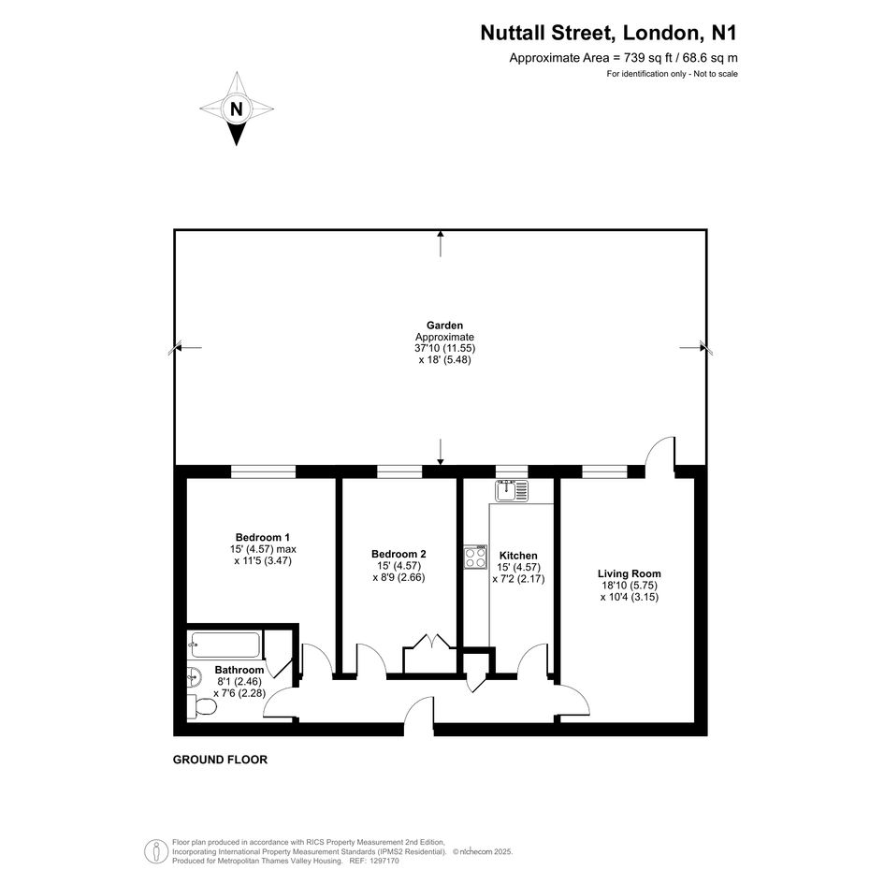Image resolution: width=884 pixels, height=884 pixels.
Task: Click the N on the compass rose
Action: [x=237, y=109]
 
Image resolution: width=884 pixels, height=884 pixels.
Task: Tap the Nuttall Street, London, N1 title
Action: [x=608, y=33]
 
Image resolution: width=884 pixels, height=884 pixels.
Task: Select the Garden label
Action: [x=445, y=326]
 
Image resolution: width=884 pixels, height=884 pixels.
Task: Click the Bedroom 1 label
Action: [x=263, y=537]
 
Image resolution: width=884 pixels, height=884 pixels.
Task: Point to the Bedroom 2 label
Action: [x=399, y=554]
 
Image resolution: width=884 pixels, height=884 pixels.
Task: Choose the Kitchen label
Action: [x=518, y=556]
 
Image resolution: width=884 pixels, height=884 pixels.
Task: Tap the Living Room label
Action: [x=630, y=574]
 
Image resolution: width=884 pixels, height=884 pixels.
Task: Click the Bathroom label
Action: [x=239, y=670]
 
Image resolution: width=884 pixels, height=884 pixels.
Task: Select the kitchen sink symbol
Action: [x=512, y=490]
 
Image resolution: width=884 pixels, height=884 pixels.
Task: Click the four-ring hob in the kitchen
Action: [x=475, y=557]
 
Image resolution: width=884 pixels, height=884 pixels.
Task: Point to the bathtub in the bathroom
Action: [x=225, y=645]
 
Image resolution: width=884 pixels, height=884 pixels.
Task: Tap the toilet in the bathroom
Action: [x=202, y=707]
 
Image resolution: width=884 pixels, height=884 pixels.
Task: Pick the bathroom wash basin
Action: [x=195, y=676]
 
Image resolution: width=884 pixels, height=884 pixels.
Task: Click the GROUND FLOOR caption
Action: [x=220, y=760]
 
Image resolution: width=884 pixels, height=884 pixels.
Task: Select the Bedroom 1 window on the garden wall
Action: [x=263, y=471]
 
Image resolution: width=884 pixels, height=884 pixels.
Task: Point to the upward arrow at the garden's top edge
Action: [x=441, y=243]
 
